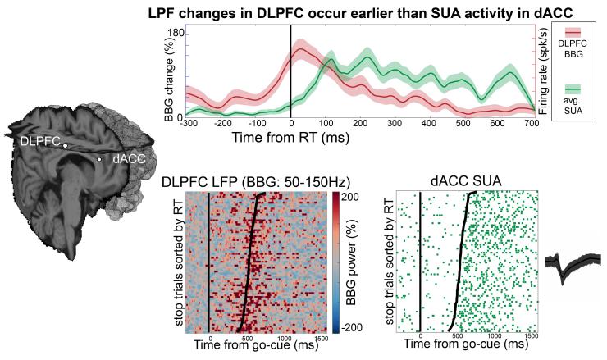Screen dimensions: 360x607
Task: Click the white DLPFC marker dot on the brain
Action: click(65, 145)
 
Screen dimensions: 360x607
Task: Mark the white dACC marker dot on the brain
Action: click(99, 159)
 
